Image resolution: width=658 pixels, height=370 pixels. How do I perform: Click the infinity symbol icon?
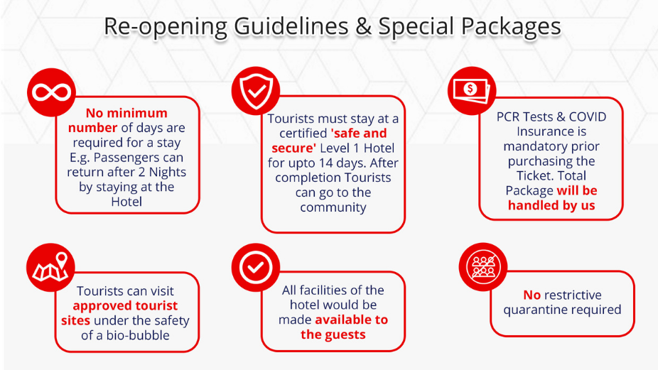pos(52,92)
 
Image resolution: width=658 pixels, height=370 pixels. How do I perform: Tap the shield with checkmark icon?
pos(256,91)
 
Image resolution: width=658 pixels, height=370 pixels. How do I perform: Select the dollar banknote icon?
pos(472,91)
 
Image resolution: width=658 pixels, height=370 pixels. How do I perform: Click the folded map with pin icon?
pos(50,267)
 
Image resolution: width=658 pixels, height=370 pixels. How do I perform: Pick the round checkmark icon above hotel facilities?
pos(256,267)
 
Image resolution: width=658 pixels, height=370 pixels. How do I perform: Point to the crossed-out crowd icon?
pos(483,267)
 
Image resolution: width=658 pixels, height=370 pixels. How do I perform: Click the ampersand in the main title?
pos(363,26)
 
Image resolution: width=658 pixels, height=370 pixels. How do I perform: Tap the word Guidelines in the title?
pos(291,26)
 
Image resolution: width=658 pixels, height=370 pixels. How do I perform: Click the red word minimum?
pos(137,113)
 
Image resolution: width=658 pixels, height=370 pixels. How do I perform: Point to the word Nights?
pos(168,172)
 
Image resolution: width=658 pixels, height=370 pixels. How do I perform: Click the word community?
pos(333,207)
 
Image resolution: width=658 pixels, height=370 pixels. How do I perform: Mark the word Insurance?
pos(551,131)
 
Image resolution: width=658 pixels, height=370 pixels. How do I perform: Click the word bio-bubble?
pos(138,335)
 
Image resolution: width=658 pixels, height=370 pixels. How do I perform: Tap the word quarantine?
pos(532,310)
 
